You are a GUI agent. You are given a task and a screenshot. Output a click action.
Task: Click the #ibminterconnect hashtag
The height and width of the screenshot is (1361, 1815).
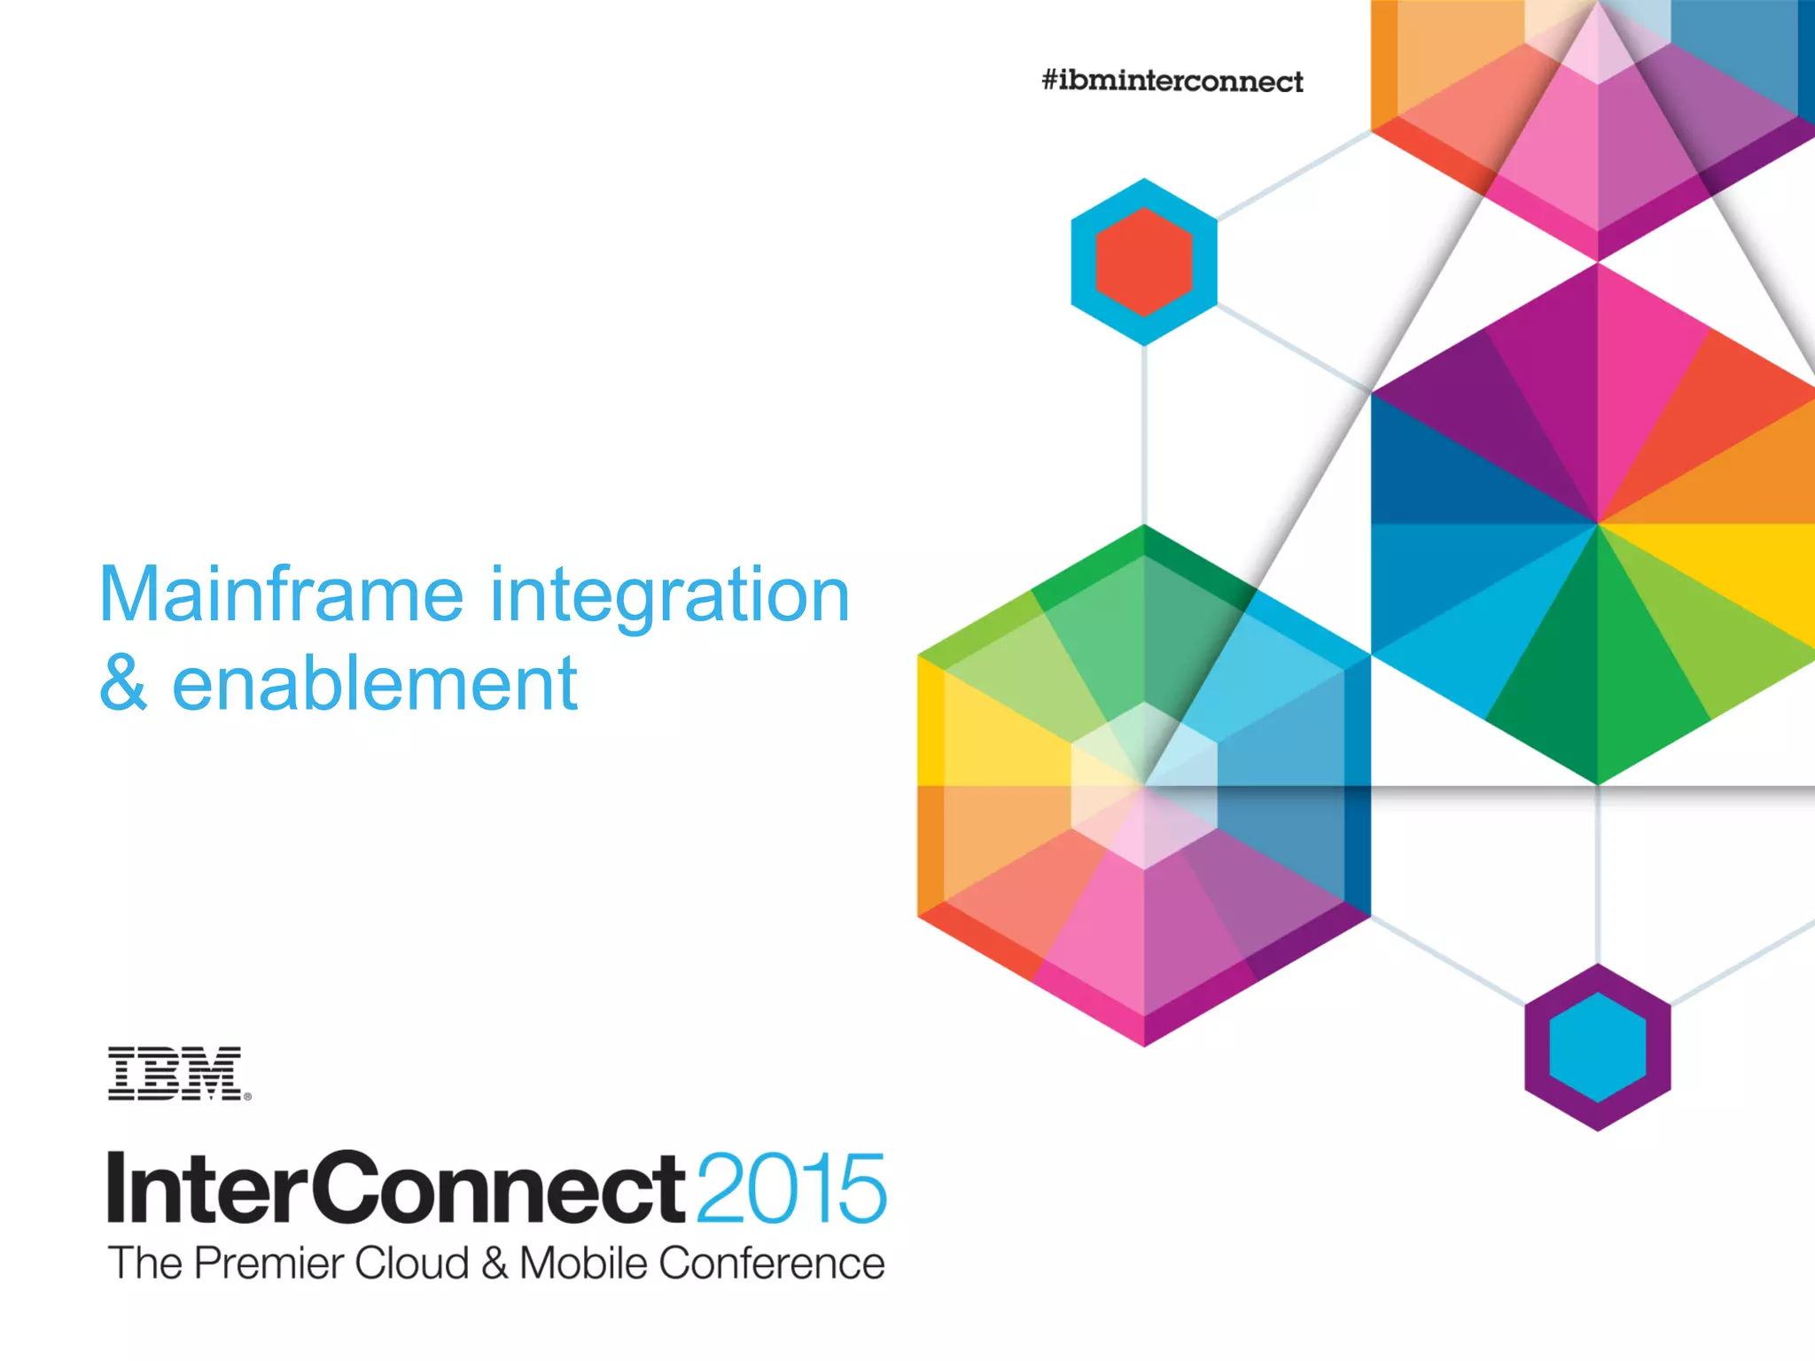click(x=1172, y=82)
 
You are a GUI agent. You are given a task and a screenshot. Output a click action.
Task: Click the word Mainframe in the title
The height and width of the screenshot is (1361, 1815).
click(x=281, y=595)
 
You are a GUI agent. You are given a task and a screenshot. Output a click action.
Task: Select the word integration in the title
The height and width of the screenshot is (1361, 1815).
click(x=670, y=595)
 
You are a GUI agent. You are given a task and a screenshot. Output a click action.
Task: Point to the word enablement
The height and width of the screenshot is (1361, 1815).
click(x=374, y=684)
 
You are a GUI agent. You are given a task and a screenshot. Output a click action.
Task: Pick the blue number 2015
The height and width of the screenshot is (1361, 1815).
click(x=791, y=1188)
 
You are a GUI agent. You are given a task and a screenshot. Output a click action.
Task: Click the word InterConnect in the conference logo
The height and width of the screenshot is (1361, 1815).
click(x=395, y=1188)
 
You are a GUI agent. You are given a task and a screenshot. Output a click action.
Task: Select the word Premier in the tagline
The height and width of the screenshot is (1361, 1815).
click(x=269, y=1264)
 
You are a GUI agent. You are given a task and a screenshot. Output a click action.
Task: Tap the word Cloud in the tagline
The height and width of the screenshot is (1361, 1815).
click(x=411, y=1264)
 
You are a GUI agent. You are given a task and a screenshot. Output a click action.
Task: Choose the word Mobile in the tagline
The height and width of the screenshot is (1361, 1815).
click(x=584, y=1264)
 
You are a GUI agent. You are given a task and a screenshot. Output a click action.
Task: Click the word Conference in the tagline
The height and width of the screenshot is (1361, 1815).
click(x=772, y=1264)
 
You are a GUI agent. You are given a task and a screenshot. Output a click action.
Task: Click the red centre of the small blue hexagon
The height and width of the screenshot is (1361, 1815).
click(x=1144, y=262)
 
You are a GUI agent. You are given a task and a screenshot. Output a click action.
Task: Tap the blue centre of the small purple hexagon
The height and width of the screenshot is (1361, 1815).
click(x=1597, y=1047)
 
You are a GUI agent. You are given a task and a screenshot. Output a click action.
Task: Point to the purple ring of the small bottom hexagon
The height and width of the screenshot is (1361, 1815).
click(x=1538, y=1047)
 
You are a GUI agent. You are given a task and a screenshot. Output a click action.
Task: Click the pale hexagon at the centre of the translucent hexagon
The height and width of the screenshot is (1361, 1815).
click(x=1144, y=785)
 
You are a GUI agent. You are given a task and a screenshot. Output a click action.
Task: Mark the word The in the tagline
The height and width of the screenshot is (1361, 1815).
click(x=144, y=1264)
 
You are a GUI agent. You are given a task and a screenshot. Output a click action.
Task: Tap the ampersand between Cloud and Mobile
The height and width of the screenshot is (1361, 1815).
click(x=495, y=1264)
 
